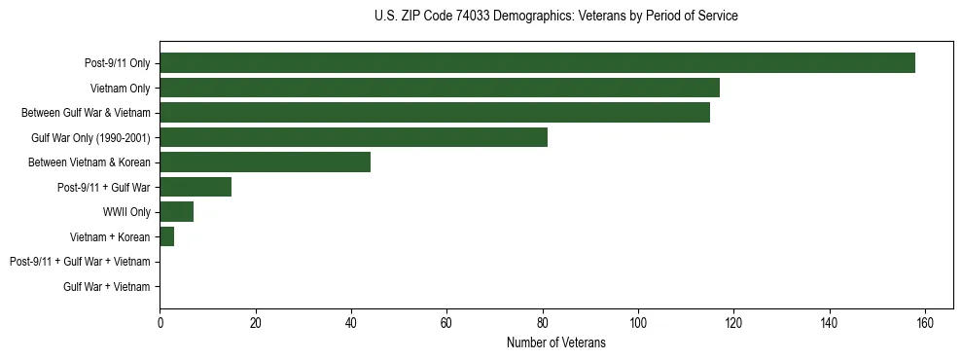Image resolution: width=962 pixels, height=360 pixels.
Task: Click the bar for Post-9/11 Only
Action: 537,63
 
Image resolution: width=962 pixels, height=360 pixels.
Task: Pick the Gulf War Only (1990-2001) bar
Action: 353,137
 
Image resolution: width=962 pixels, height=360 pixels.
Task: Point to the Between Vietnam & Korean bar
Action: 265,162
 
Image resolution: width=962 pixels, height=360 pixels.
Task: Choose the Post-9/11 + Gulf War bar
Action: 196,187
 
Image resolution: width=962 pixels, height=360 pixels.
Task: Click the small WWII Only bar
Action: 176,212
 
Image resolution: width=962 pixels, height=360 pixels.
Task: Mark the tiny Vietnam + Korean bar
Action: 166,236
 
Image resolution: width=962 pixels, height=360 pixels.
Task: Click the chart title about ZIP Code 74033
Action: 555,17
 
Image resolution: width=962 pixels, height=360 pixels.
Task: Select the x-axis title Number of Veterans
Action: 555,343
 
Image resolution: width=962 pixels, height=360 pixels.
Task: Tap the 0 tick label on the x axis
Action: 160,324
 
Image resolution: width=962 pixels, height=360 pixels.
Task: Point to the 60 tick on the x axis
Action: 446,324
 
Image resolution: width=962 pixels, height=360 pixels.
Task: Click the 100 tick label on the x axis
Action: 638,324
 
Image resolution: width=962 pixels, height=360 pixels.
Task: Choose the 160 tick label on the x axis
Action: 925,324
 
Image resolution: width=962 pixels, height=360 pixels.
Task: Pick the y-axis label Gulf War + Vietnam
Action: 106,287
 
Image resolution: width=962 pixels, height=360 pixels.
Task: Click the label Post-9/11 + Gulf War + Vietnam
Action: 80,262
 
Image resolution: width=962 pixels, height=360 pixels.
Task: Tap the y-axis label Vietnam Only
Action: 120,89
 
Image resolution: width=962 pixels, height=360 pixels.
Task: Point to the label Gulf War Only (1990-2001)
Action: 91,138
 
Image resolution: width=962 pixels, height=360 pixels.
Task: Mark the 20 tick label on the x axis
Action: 255,324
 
